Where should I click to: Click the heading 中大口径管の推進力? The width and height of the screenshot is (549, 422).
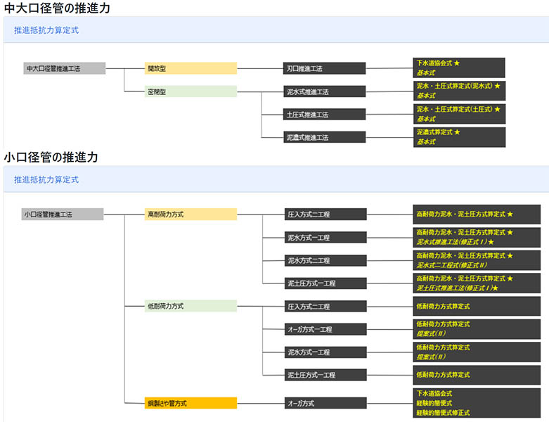[57, 8]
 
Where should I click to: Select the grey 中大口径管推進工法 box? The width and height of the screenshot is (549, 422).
[64, 69]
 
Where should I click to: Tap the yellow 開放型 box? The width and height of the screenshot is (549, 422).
[190, 69]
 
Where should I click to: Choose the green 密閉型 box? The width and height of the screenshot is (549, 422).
[190, 92]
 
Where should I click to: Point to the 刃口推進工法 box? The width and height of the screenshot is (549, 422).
[325, 69]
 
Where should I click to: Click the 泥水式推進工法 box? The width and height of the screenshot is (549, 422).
[325, 92]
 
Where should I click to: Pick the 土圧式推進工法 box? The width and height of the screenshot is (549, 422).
[325, 115]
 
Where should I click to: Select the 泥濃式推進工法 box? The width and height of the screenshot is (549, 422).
[325, 137]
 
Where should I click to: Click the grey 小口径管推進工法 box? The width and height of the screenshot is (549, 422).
[63, 215]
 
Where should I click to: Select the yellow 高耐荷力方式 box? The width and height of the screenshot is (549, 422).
[190, 215]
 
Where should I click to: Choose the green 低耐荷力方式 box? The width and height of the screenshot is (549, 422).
[190, 306]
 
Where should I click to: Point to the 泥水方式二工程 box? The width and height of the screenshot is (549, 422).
[325, 260]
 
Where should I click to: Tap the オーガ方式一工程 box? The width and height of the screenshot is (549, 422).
[325, 329]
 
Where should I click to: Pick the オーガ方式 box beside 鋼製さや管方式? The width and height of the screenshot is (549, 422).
[325, 404]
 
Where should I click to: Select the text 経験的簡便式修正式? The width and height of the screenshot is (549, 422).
[443, 413]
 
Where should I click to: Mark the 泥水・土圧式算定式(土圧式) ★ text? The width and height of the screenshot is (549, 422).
[458, 109]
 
